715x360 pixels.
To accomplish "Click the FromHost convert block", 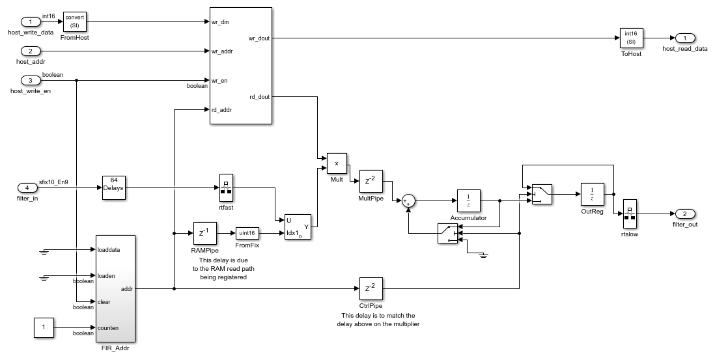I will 74,22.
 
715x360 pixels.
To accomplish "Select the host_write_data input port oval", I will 31,22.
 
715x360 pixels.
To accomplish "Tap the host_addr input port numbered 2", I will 31,51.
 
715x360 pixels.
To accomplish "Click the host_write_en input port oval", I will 31,81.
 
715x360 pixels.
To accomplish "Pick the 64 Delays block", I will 113,188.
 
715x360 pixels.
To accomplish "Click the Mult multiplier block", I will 337,163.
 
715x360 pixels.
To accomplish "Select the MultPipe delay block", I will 371,181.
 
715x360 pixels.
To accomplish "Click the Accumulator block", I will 468,201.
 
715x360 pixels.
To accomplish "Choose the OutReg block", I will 592,193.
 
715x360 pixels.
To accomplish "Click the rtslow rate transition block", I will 630,214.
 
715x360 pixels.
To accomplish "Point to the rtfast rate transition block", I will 226,187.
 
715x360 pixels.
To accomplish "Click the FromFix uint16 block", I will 247,232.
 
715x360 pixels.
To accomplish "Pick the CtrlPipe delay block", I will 371,288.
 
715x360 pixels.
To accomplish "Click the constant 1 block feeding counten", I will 43,328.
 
